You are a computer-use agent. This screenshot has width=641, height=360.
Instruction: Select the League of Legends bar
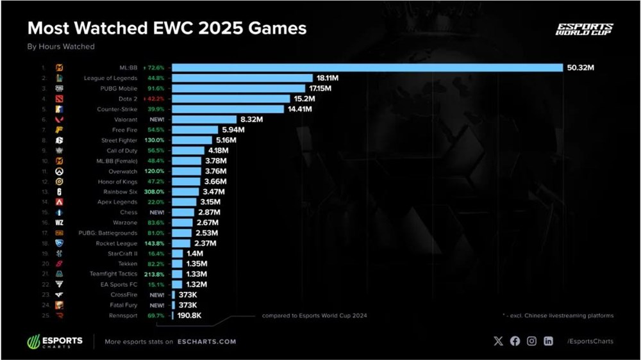coord(242,78)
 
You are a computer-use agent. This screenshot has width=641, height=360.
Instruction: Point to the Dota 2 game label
coord(128,99)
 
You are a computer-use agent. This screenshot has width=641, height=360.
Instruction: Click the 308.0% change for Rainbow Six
coord(158,192)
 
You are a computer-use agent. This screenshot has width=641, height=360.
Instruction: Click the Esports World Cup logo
coord(584,29)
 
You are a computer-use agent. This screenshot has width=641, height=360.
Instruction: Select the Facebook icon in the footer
coord(515,341)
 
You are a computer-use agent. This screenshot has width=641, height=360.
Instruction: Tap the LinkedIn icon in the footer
coord(548,341)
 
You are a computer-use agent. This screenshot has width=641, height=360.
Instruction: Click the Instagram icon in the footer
coord(531,341)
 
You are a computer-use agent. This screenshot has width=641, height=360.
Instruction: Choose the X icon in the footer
coord(499,341)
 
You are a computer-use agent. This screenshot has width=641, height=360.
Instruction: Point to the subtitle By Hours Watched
coord(61,47)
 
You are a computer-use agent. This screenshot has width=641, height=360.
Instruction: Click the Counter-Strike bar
coord(228,109)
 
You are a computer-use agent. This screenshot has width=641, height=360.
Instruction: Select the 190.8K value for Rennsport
coord(190,315)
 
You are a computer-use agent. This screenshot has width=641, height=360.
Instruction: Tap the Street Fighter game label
coord(119,140)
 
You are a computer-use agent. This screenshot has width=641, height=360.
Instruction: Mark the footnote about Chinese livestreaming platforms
coord(558,315)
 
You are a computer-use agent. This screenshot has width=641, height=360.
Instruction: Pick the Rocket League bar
coord(181,243)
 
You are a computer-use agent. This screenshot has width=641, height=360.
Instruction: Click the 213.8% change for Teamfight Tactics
coord(158,274)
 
